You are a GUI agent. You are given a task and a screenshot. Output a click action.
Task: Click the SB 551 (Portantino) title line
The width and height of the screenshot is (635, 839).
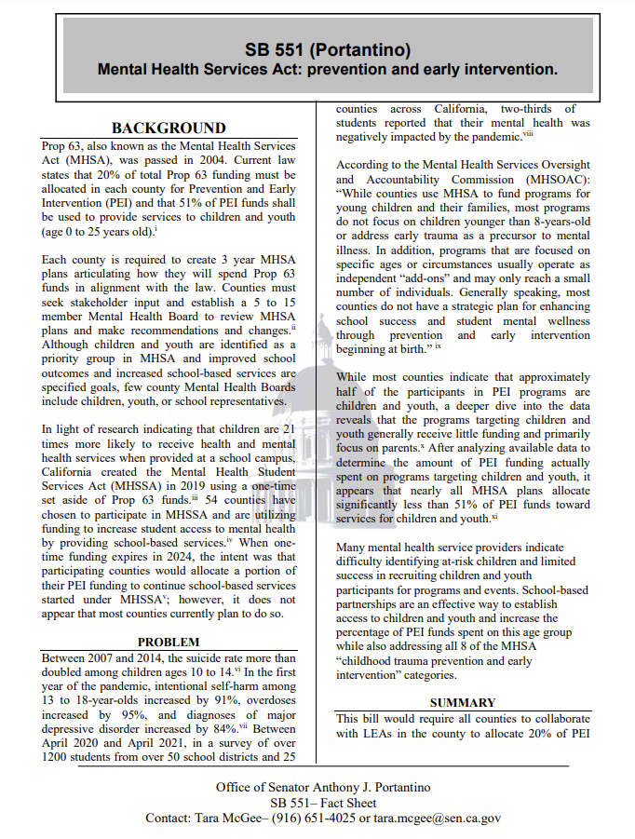pyautogui.click(x=328, y=49)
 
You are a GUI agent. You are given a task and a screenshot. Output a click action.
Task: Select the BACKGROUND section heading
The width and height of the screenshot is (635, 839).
pyautogui.click(x=169, y=128)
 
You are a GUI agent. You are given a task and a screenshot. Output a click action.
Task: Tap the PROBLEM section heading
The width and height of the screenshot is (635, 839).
pyautogui.click(x=169, y=642)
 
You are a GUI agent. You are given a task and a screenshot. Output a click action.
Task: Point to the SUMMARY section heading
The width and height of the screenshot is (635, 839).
pyautogui.click(x=463, y=702)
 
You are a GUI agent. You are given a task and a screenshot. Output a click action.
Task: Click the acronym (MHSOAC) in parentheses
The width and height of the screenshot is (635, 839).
pyautogui.click(x=551, y=179)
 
